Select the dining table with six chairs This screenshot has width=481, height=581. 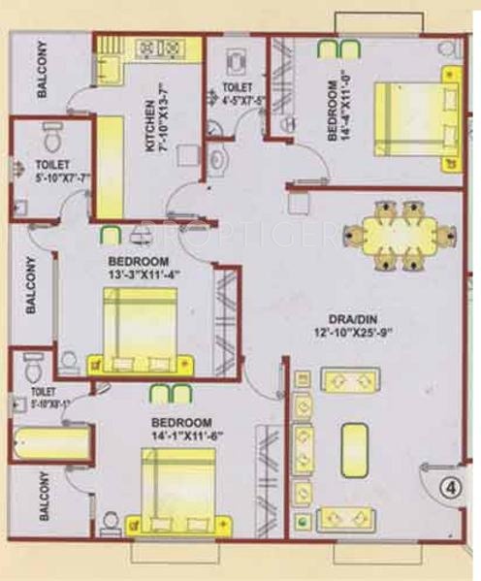coord(401,234)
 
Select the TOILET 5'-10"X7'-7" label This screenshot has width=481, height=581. coord(47,171)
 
